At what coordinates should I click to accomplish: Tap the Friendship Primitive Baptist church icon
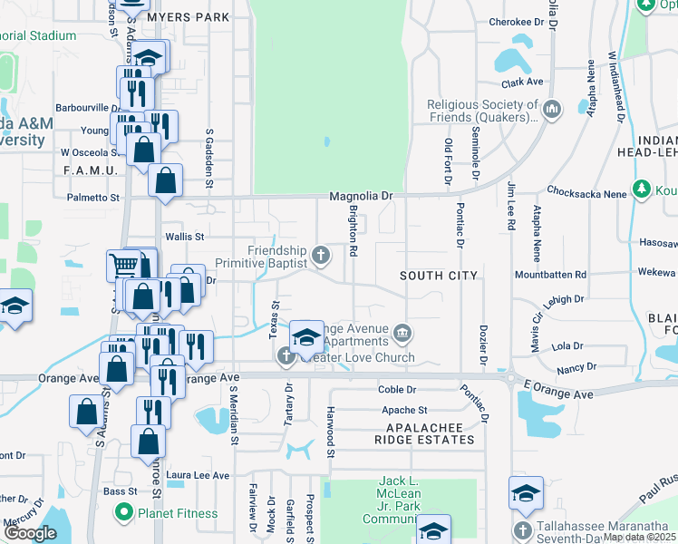[320, 256]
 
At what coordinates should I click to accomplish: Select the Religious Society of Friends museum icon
[553, 112]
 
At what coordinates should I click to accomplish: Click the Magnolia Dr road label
[361, 195]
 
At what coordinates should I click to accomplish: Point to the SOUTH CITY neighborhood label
[439, 275]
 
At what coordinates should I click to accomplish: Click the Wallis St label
[186, 236]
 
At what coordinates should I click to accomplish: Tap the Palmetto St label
[93, 197]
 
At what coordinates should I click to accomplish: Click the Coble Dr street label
[397, 390]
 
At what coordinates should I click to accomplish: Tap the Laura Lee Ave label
[198, 474]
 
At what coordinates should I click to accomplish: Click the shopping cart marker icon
[123, 266]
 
